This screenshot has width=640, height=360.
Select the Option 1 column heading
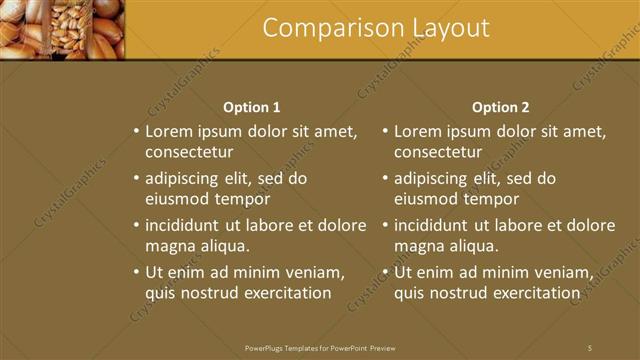[251, 107]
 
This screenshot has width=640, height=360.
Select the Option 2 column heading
[500, 107]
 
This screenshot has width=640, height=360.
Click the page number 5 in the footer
[590, 347]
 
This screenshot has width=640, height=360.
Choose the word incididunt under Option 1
[188, 225]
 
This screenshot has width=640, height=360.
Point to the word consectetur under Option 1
[189, 152]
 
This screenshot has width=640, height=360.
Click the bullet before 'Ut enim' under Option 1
[136, 272]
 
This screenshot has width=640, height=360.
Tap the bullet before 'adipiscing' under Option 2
[385, 179]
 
